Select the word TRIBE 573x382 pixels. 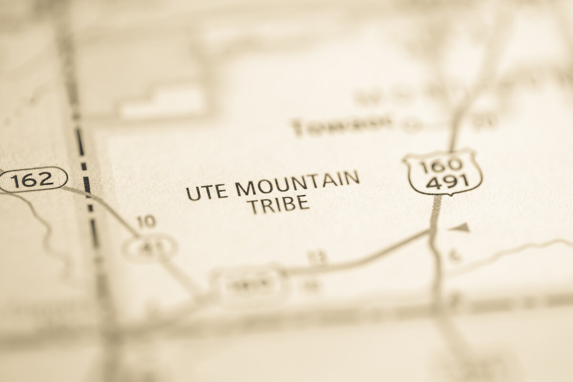pyautogui.click(x=280, y=204)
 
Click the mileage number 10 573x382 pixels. pyautogui.click(x=146, y=221)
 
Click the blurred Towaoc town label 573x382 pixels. pyautogui.click(x=342, y=125)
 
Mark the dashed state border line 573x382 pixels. pyautogui.click(x=86, y=186)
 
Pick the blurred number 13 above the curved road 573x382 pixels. pyautogui.click(x=318, y=257)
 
